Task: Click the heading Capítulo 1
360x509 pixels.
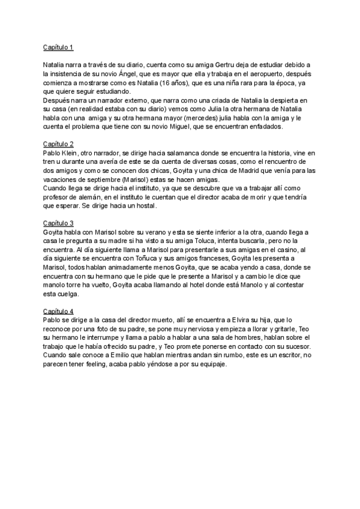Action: click(58, 47)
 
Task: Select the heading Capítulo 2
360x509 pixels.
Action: click(58, 144)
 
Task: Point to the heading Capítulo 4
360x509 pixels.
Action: click(58, 311)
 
